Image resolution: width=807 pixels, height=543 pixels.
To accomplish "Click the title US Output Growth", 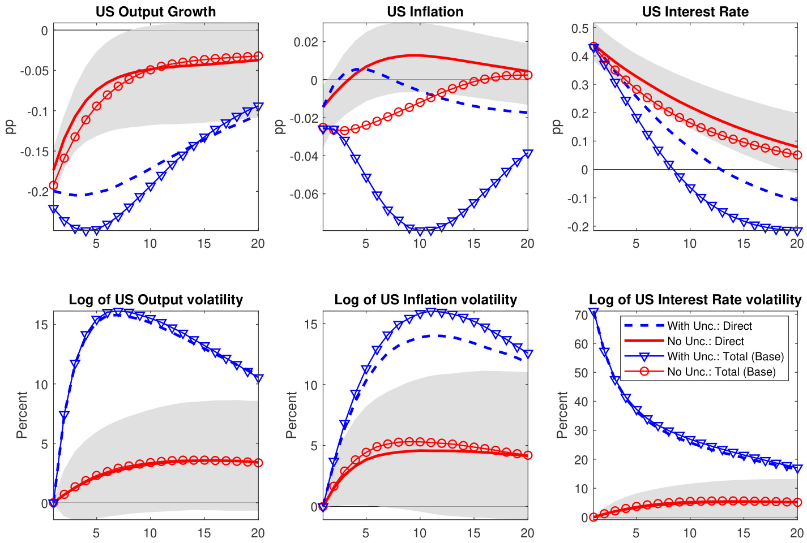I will tap(156, 12).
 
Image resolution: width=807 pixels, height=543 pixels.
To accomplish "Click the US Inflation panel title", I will tap(425, 12).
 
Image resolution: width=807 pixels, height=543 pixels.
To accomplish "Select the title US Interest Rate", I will tap(695, 12).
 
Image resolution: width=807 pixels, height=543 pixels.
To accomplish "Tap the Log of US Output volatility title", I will tap(156, 300).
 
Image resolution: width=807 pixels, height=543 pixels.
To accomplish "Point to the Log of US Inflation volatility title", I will tap(425, 300).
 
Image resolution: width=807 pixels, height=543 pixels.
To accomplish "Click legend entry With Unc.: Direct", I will tap(710, 326).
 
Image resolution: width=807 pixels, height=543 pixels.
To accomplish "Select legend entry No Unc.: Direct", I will tap(706, 342).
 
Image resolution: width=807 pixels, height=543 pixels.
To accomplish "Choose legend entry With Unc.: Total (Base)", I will tap(725, 357).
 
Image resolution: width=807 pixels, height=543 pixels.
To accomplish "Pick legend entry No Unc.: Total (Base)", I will tap(721, 372).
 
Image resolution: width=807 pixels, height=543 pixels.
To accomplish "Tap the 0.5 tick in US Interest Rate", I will tap(580, 28).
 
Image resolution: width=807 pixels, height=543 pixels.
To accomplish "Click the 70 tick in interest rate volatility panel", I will tap(580, 315).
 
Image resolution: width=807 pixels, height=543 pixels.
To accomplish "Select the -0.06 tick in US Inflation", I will tap(305, 194).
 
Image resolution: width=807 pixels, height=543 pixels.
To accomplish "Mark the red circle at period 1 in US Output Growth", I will tap(54, 185).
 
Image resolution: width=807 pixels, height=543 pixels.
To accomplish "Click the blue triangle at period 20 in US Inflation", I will tap(528, 154).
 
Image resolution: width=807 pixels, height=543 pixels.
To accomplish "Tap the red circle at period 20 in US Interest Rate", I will tap(797, 155).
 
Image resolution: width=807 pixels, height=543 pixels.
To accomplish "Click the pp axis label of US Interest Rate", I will tap(557, 127).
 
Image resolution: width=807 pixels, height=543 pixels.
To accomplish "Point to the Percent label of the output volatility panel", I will tap(22, 415).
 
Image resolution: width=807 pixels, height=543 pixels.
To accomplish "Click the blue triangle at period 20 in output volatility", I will tap(258, 378).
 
